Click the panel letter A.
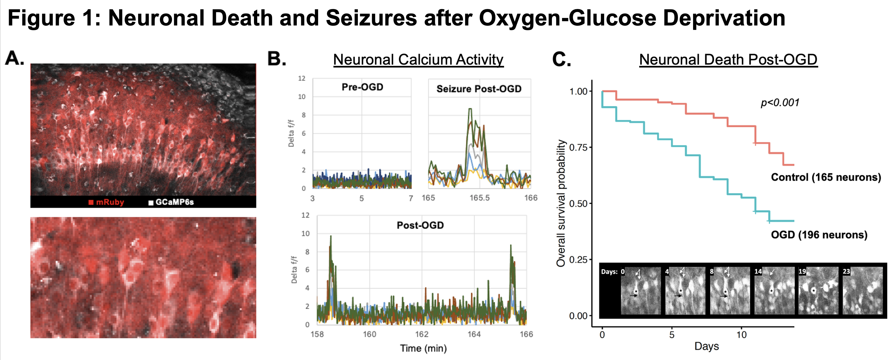point(15,58)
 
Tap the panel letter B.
point(277,59)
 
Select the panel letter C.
point(561,59)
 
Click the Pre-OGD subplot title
point(362,87)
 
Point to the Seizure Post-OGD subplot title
point(479,89)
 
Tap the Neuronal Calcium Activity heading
point(418,59)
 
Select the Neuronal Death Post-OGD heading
point(728,59)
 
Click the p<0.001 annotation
point(780,103)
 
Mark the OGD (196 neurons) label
point(819,235)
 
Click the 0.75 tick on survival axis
point(578,148)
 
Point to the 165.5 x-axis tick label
point(479,198)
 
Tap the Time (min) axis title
point(423,348)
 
